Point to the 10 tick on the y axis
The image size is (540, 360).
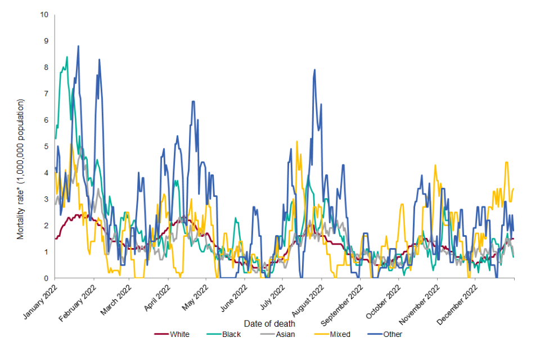44,14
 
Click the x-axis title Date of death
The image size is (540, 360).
269,323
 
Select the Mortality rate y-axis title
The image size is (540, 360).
21,169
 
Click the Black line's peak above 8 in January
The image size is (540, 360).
67,57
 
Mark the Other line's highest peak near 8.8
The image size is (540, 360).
78,46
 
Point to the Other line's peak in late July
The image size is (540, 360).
314,70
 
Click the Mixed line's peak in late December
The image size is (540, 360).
507,163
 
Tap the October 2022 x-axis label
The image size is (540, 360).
384,301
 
